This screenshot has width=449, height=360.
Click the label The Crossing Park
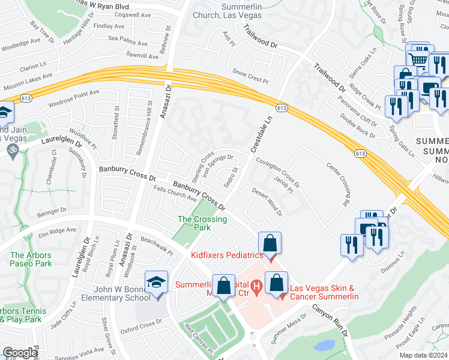pos(202,223)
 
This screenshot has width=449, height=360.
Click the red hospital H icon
pos(257,285)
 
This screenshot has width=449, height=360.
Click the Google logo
pos(20,353)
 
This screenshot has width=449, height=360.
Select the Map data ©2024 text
pos(424,355)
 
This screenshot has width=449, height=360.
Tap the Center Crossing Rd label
pos(338,180)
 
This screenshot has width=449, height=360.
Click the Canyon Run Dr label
pos(329,319)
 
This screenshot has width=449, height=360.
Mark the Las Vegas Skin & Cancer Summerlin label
pos(324,293)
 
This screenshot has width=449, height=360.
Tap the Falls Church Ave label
pos(175,194)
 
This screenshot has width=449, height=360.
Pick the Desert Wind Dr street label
pos(267,203)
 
